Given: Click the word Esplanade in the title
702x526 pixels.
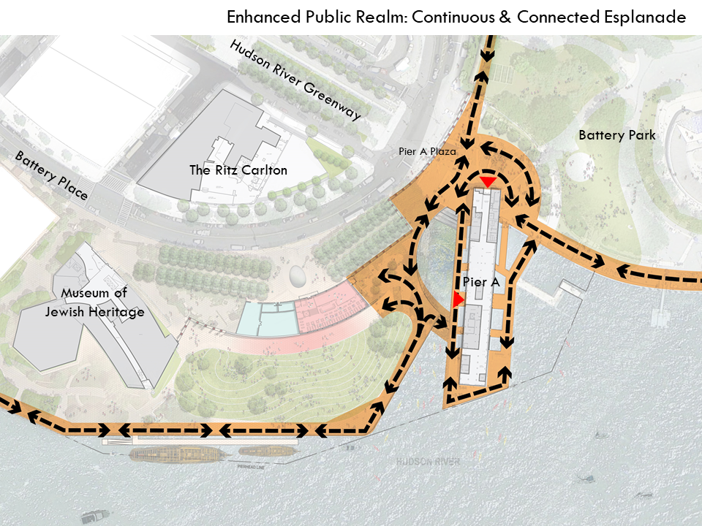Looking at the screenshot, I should coord(643,17).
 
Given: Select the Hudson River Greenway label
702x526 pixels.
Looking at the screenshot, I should coord(295,80).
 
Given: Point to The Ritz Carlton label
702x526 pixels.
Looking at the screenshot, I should coord(238,170).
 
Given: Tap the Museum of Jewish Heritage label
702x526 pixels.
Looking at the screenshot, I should coord(102,302).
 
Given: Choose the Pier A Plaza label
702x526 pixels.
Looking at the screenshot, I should coord(428,152).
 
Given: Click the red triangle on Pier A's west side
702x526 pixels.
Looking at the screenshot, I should coord(458,300).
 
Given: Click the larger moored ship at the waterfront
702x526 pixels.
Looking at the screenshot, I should coord(175,454).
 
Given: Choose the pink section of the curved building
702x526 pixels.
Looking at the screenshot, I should coord(329,310).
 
